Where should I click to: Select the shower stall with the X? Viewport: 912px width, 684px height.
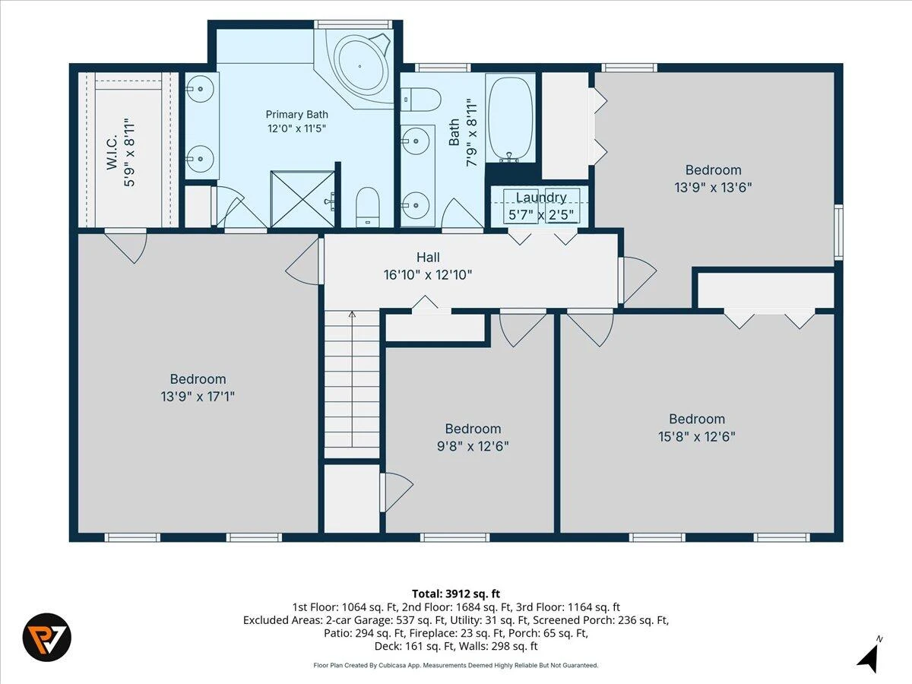point(302,199)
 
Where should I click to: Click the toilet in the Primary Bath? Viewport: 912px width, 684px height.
point(368,207)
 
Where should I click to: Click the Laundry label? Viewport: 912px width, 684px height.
point(541,198)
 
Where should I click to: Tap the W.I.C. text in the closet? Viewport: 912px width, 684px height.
point(112,151)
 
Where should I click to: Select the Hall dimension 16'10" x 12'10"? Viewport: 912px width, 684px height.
point(428,275)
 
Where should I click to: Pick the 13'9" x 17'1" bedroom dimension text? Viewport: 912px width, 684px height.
point(198,397)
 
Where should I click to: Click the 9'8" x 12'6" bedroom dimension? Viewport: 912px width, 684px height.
point(473,446)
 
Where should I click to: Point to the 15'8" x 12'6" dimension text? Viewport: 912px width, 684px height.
point(697,436)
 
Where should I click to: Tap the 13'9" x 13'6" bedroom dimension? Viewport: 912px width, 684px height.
point(713,187)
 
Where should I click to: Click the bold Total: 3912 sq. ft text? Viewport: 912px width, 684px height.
point(456,594)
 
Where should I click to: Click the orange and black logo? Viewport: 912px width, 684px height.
point(47,638)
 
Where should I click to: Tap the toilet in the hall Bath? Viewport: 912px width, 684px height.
point(421,100)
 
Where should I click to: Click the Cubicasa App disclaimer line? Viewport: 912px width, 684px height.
point(456,665)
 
